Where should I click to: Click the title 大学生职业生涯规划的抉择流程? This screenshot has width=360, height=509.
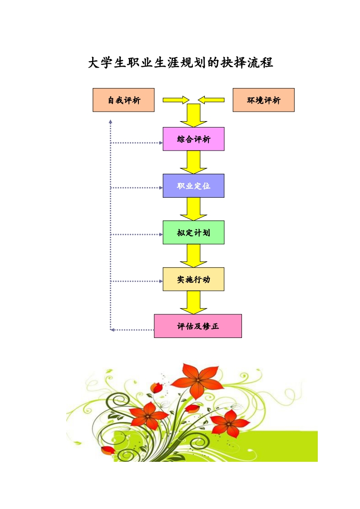coord(180,63)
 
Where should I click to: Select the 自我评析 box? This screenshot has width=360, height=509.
coord(123,100)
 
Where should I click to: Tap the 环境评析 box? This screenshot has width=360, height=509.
coord(263,100)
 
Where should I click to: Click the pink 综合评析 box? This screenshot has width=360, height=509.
coord(193,139)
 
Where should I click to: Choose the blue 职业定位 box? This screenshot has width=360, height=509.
coord(193,186)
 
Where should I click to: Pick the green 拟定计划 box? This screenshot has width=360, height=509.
coord(193,232)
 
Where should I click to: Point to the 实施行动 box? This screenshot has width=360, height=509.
coord(193,279)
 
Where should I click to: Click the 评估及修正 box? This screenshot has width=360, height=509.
coord(197,326)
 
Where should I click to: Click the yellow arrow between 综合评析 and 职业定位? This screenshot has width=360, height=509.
coord(193,162)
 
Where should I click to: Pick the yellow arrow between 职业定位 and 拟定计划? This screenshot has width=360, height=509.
coord(193,209)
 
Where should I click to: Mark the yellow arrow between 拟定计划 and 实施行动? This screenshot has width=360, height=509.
coord(193,256)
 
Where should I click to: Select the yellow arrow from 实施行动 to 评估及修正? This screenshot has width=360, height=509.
coord(193,303)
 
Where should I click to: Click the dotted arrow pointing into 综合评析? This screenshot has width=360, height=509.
coord(136,143)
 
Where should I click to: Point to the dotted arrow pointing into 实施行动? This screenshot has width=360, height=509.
coord(136,281)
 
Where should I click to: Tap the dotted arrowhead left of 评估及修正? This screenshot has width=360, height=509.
coord(112,330)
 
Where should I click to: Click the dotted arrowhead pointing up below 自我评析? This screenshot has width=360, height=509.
coord(110,122)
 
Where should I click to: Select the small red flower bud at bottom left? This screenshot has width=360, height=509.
coord(108,450)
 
